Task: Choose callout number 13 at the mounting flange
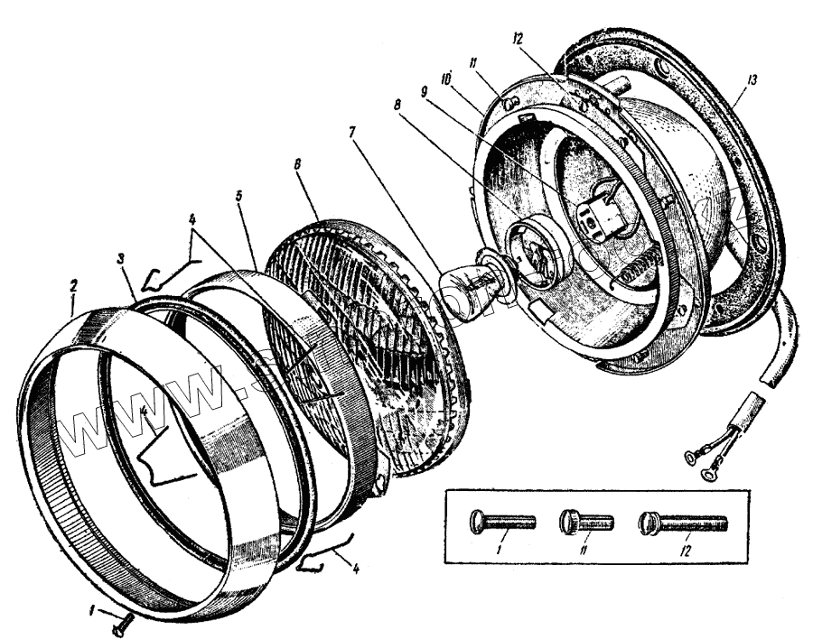(x=752, y=80)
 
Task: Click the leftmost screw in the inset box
(x=501, y=521)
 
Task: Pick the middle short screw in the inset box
(x=586, y=521)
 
